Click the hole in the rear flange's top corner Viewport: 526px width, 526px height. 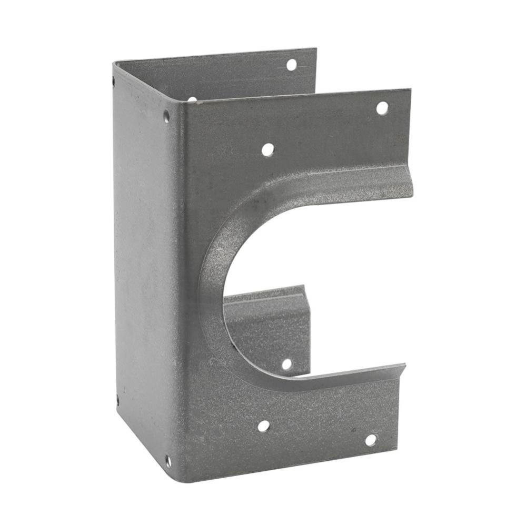(x=291, y=65)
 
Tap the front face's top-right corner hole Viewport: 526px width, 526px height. (x=382, y=108)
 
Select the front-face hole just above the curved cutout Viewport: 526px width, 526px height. (x=267, y=149)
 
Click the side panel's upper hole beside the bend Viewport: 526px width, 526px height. (x=166, y=116)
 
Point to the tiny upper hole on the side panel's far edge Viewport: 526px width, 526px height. (x=114, y=81)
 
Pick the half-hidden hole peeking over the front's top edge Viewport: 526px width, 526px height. (x=192, y=99)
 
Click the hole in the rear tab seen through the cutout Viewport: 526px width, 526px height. (x=286, y=364)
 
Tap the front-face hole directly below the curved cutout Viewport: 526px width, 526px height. (x=263, y=426)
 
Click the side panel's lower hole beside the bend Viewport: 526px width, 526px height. (x=168, y=461)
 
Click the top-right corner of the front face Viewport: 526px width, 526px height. (x=410, y=90)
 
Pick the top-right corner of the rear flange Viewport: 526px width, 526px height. (x=316, y=49)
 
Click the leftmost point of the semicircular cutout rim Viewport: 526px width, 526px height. (x=200, y=295)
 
